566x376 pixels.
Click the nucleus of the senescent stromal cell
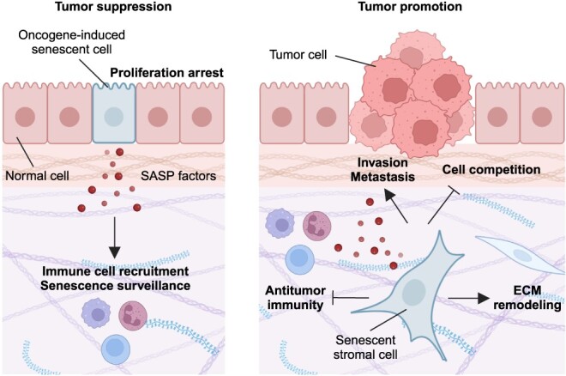click(x=414, y=294)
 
